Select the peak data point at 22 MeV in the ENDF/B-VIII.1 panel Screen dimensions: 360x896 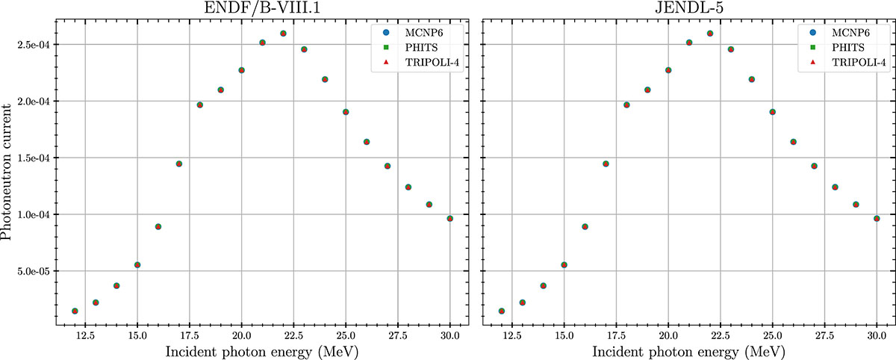pos(283,34)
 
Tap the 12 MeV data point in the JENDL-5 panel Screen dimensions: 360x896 pos(502,311)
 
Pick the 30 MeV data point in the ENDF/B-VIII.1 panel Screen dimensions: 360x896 pos(450,218)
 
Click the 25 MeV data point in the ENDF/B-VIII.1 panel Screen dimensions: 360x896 pos(346,112)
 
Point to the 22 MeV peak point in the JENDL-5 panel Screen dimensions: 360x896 pos(710,34)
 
